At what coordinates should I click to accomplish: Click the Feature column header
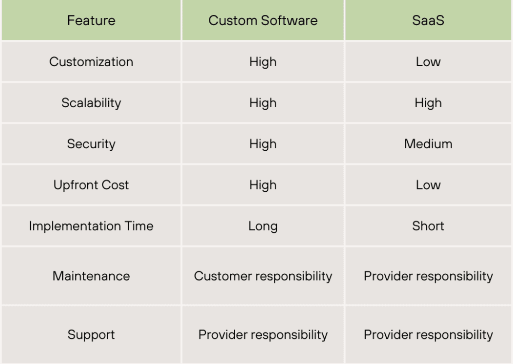91,21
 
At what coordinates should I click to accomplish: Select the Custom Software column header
263,21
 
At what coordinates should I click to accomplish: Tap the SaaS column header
428,21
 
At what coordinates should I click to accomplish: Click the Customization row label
91,62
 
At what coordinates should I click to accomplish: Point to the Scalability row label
91,103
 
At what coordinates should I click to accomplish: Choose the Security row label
91,144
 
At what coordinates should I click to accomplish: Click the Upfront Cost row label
91,185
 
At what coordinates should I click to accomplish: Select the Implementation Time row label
91,226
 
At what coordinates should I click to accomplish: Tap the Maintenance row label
91,276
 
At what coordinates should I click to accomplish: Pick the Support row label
91,335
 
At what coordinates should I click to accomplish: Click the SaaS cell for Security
428,144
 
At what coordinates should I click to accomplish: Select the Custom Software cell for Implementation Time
263,226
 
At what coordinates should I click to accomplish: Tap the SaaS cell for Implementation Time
428,226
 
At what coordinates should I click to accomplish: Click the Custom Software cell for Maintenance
263,276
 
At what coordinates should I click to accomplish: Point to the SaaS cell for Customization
428,62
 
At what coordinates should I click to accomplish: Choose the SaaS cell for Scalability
428,103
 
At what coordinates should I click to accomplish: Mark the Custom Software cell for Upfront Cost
263,185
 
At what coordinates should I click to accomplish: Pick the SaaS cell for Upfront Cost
428,185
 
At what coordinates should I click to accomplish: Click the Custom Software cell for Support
263,335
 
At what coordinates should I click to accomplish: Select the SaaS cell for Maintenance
428,276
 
